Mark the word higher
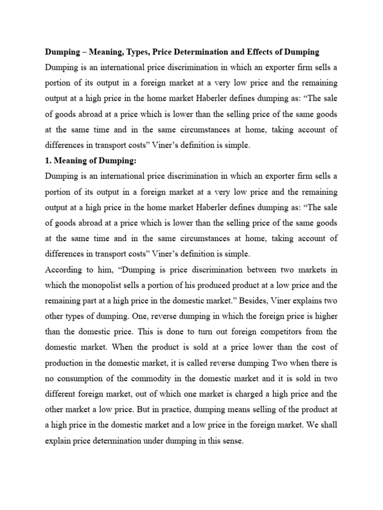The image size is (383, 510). click(324, 316)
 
